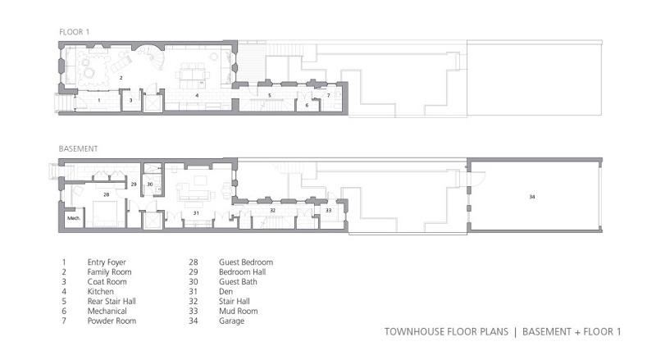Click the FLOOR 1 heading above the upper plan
(74, 32)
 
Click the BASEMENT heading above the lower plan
(78, 148)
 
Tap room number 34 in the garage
(531, 196)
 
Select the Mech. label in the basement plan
(74, 218)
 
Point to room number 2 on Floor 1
(121, 77)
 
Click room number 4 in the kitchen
(197, 95)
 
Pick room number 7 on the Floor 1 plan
(329, 95)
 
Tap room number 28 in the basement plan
(107, 194)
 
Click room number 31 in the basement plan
(196, 213)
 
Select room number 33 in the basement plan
(329, 210)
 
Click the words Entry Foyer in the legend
(107, 262)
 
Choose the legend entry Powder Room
(112, 321)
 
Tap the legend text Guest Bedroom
(246, 262)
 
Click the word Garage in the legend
(231, 321)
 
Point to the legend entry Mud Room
(238, 311)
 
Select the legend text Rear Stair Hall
(112, 302)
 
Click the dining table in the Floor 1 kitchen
(193, 75)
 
